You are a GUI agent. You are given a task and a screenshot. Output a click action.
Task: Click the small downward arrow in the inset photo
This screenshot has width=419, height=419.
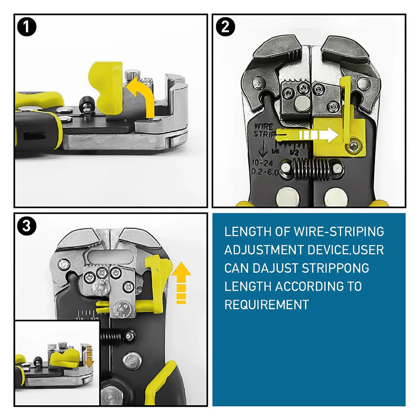click(88, 356)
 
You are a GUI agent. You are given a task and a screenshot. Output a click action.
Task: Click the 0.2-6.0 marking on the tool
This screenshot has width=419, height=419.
click(264, 172)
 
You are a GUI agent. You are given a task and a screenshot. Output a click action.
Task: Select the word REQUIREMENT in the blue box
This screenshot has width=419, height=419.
click(266, 304)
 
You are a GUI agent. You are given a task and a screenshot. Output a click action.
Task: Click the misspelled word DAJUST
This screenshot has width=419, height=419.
click(275, 268)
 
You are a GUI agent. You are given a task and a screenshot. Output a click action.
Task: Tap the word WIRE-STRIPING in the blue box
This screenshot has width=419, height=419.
click(339, 232)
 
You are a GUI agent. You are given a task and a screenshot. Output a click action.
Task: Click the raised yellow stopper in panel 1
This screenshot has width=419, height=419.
click(106, 86)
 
